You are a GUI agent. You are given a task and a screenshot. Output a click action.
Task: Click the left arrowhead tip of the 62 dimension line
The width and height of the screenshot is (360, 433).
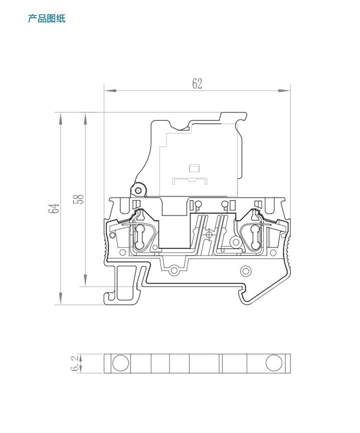(105, 91)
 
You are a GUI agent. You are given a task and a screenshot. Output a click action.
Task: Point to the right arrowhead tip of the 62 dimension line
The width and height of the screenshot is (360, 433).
(290, 91)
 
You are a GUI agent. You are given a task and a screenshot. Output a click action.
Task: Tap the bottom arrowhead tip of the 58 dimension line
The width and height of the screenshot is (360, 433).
(85, 286)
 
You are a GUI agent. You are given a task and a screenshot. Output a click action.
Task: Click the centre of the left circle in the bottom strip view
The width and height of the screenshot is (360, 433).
(120, 363)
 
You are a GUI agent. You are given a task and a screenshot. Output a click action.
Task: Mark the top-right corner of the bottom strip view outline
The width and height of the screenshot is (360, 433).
(290, 354)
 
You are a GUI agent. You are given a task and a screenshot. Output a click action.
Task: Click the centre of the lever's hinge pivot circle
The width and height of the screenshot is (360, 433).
(138, 190)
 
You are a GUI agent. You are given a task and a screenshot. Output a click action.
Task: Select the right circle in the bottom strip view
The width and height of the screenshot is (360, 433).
(274, 363)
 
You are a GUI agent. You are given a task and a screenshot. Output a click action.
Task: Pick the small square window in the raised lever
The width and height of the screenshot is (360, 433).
(194, 168)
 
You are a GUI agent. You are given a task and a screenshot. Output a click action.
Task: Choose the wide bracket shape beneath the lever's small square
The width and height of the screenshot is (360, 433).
(190, 181)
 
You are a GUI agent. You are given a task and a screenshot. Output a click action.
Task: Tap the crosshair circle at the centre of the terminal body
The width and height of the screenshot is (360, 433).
(209, 234)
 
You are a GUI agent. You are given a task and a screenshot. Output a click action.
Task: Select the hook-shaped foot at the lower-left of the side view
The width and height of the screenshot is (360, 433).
(123, 284)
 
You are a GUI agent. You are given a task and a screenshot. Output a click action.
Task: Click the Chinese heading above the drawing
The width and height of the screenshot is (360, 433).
(47, 19)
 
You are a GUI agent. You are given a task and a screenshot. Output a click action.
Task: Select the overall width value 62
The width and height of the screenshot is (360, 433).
(197, 83)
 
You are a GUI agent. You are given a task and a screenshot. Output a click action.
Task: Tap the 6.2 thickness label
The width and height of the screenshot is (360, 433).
(75, 363)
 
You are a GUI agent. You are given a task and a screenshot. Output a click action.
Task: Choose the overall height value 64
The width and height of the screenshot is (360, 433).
(54, 208)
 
